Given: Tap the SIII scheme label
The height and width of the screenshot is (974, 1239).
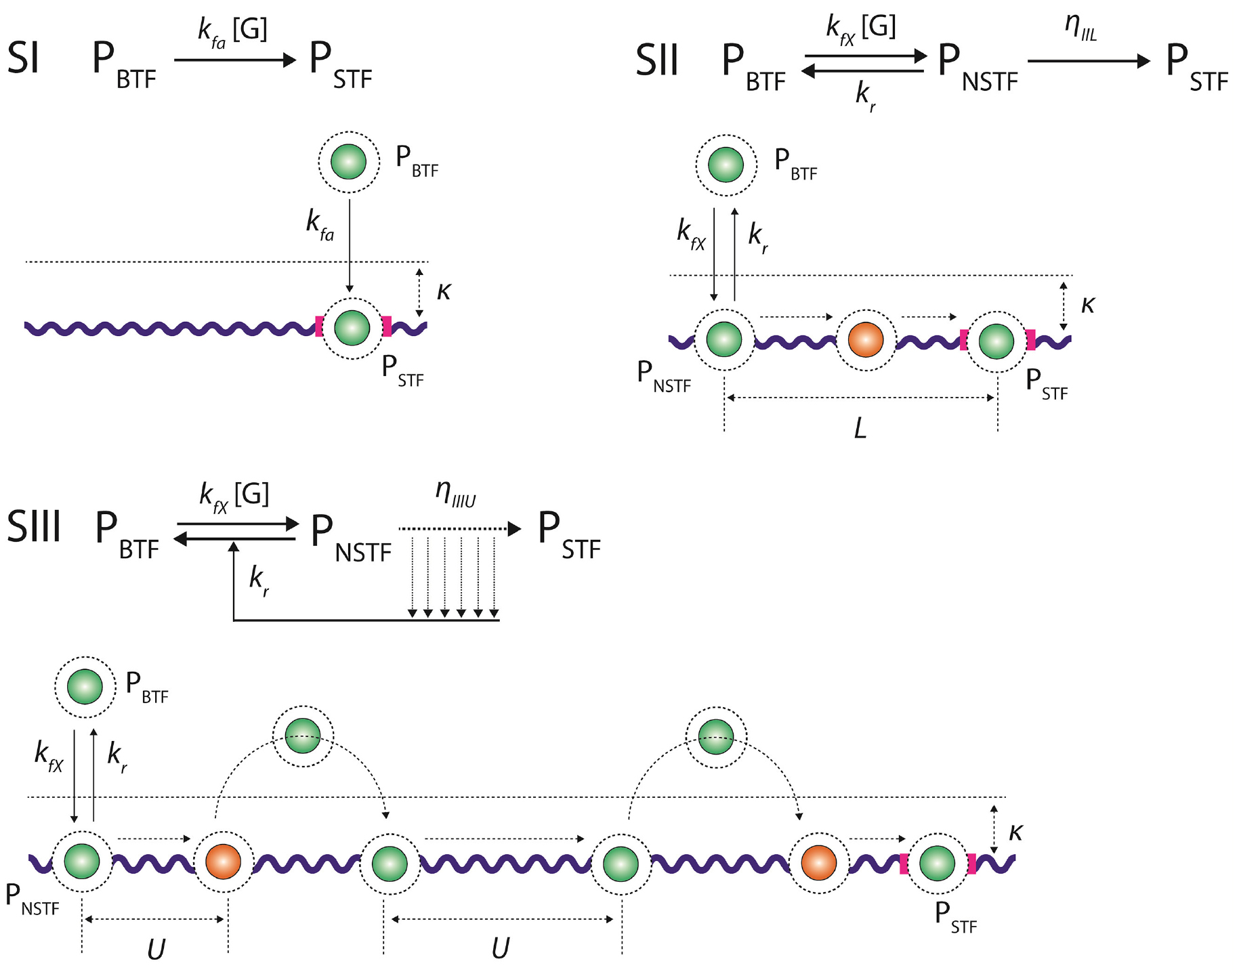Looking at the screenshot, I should (34, 526).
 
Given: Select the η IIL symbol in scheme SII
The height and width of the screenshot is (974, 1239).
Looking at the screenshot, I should (1080, 26).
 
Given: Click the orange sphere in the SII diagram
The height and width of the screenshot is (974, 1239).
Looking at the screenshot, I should (866, 340).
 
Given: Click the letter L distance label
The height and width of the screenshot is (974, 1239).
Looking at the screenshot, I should (860, 428).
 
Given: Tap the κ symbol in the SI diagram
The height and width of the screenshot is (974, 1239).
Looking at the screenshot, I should (444, 291).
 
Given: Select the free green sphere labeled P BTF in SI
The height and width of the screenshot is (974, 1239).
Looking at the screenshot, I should (349, 162).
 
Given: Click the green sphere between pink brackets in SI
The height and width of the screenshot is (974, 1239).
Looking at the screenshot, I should (352, 328).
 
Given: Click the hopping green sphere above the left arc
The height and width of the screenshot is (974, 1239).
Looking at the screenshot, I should (303, 736).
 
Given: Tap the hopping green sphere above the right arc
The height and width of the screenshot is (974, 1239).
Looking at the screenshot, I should (716, 736).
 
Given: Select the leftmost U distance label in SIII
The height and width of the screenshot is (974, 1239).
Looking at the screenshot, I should (156, 950).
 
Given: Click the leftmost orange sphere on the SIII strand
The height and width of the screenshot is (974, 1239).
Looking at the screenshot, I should (224, 862).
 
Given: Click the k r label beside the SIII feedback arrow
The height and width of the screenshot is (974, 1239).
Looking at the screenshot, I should (259, 580).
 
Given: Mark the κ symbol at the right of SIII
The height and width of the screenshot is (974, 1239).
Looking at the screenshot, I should (1015, 832).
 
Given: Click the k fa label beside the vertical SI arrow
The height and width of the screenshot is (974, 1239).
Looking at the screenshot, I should (320, 224).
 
